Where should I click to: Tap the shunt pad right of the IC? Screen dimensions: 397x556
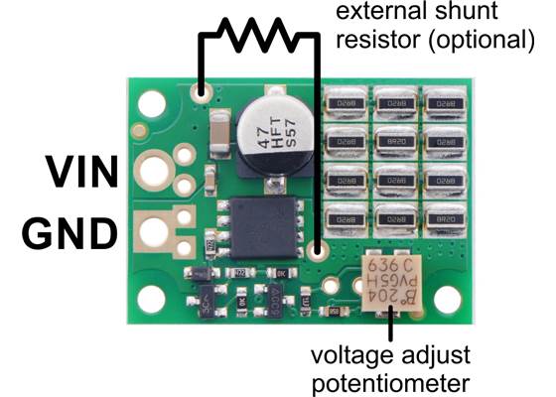click(x=317, y=252)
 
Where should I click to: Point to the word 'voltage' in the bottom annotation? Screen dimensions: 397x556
click(x=349, y=354)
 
